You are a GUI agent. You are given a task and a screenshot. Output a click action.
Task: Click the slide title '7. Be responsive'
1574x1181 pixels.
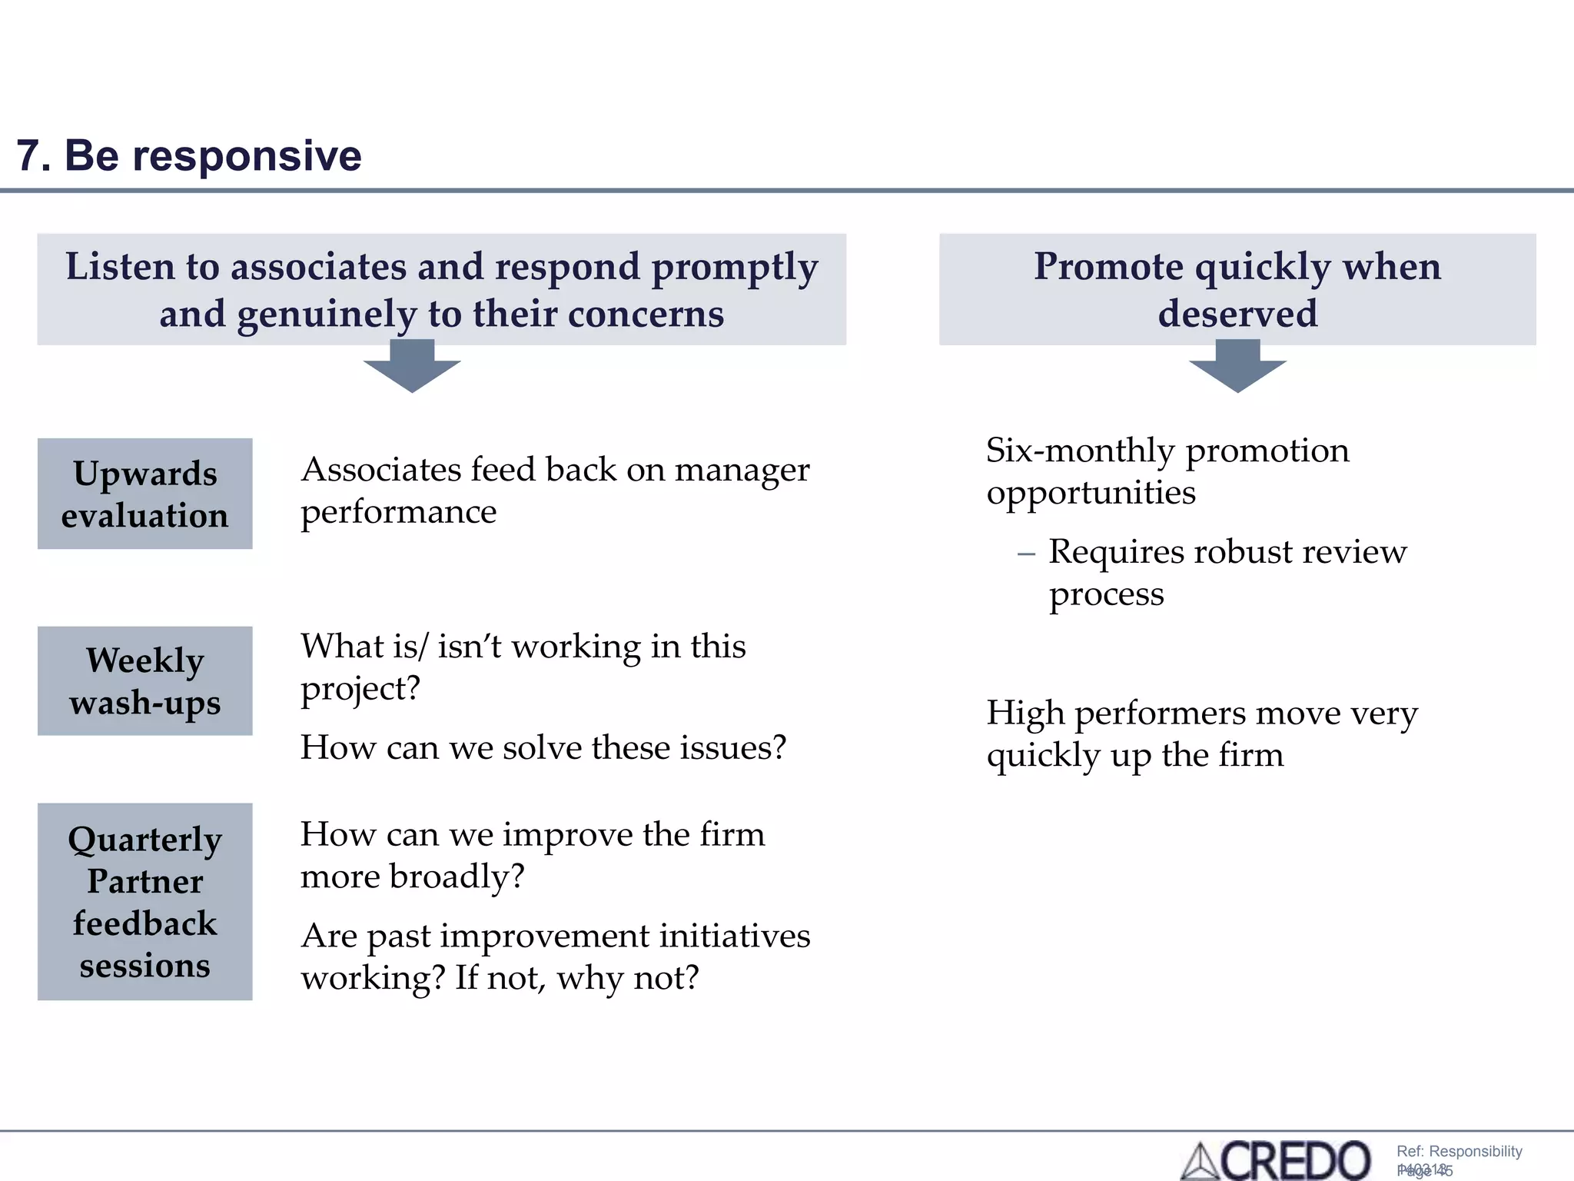click(x=188, y=156)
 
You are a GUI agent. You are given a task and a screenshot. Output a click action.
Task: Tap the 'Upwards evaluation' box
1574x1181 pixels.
click(x=144, y=494)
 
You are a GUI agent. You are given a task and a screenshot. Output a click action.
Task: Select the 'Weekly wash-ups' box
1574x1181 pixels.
click(x=144, y=681)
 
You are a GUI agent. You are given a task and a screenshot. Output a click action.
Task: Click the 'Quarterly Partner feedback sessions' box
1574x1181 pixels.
click(x=144, y=901)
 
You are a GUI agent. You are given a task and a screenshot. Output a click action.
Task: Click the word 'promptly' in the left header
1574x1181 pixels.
click(x=734, y=268)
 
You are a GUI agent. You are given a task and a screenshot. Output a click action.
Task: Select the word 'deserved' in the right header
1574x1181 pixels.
click(x=1237, y=314)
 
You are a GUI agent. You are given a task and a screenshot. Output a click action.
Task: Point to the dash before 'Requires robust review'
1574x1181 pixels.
click(x=1026, y=554)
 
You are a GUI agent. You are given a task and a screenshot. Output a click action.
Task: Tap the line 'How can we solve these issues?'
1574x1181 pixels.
click(x=543, y=747)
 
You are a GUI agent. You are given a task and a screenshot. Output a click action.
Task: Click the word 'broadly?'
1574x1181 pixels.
click(x=457, y=877)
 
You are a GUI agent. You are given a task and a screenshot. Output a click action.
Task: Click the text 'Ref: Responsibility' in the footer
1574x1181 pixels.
click(x=1459, y=1151)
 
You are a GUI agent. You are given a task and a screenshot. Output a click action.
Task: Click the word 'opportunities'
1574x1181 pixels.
click(x=1091, y=493)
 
